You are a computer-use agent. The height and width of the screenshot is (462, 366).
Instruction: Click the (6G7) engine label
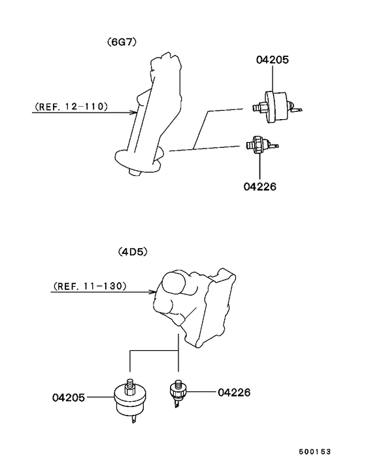[x=122, y=42]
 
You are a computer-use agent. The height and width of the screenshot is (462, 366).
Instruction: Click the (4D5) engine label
[x=133, y=252]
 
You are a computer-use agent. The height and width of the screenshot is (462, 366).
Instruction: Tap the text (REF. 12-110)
[x=71, y=107]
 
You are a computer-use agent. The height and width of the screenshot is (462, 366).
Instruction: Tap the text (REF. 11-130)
[x=90, y=286]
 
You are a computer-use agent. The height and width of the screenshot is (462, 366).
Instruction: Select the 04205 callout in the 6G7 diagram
[x=273, y=60]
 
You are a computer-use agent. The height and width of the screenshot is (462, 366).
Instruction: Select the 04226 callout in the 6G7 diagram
[x=259, y=187]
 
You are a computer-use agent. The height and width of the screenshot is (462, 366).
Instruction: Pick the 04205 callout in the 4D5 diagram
[x=69, y=397]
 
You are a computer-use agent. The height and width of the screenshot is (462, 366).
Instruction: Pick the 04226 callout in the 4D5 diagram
[x=234, y=392]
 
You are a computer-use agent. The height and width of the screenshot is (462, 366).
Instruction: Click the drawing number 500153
[x=315, y=452]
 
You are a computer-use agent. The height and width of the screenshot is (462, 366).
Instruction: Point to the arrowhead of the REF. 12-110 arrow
[x=135, y=113]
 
